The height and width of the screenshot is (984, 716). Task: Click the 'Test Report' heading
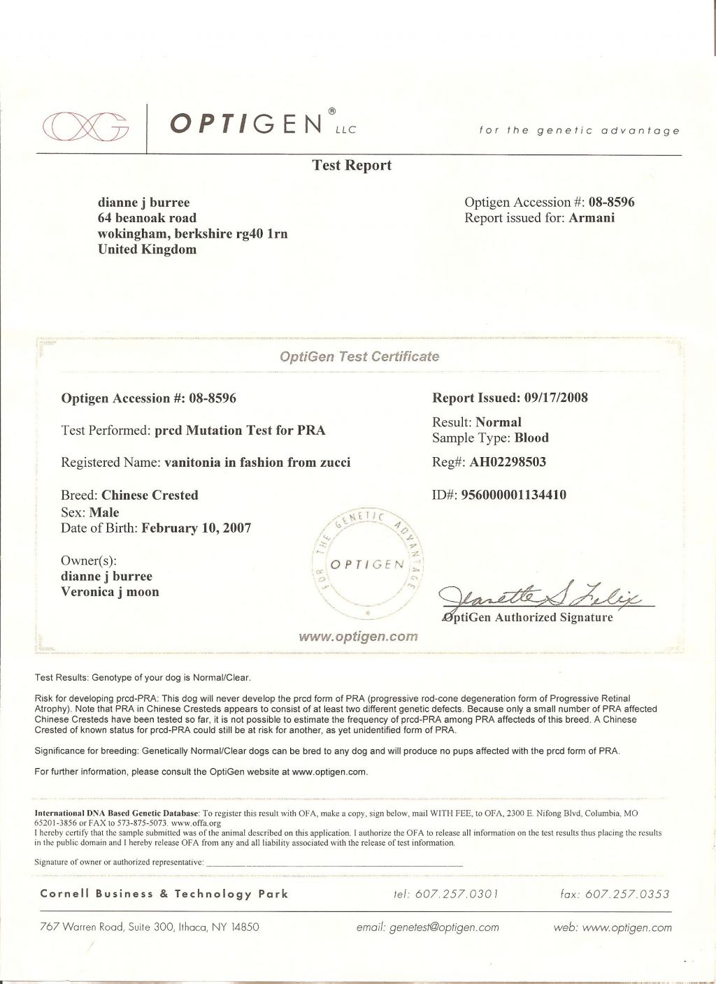click(x=351, y=166)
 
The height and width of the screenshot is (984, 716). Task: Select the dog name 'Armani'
click(x=592, y=218)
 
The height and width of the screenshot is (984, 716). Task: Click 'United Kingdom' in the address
click(x=146, y=249)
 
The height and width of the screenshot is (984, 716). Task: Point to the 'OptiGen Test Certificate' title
click(x=359, y=356)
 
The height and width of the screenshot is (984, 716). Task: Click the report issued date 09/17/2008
click(x=554, y=398)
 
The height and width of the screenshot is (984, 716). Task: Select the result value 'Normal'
click(x=499, y=422)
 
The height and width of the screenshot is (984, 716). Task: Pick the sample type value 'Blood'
click(x=531, y=438)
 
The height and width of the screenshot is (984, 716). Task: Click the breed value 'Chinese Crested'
click(x=150, y=495)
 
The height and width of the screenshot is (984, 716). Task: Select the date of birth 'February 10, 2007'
click(x=196, y=528)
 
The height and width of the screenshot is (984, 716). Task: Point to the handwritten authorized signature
click(x=545, y=596)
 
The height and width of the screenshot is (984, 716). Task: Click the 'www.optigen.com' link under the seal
click(x=358, y=637)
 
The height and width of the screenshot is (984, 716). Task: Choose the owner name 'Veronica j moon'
click(x=110, y=592)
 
